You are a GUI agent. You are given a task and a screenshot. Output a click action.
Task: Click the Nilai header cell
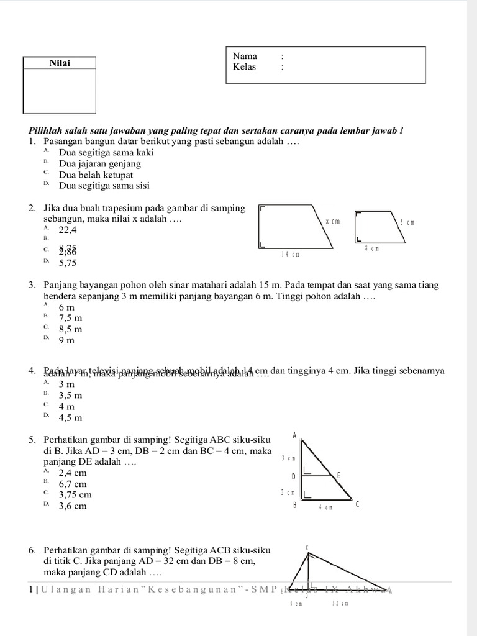point(60,63)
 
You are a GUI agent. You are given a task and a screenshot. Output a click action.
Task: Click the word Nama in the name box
point(245,56)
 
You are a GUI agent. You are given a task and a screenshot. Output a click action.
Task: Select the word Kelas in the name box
point(245,67)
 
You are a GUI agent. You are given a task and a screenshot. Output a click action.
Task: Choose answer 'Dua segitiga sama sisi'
point(104,186)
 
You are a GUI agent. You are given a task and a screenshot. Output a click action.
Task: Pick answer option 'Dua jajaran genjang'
point(99,164)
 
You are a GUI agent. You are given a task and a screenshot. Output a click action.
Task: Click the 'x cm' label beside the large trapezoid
point(333,221)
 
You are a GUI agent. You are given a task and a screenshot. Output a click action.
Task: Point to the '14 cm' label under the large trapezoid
point(290,254)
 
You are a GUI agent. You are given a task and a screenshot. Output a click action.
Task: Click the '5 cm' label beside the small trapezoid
point(407,222)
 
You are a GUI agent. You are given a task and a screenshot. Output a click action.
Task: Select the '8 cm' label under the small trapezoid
point(371,248)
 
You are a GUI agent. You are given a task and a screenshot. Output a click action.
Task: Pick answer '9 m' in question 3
point(66,340)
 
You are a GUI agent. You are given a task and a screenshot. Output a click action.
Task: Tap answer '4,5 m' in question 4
point(70,417)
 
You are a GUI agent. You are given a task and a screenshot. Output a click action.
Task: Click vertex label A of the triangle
point(294,435)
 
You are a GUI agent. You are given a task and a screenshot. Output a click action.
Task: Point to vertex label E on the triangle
point(338,476)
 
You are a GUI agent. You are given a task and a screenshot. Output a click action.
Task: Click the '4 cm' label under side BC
point(326,507)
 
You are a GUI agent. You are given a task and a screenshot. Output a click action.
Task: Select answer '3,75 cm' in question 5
point(75,495)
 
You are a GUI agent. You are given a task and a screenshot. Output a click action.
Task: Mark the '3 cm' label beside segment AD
point(287,458)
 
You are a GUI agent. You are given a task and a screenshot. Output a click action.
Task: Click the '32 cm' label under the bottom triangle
point(340,603)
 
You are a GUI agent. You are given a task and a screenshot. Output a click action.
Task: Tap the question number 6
point(32,550)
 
